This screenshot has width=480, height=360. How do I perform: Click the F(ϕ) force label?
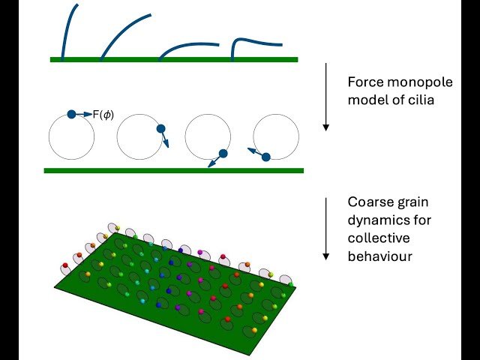(103, 114)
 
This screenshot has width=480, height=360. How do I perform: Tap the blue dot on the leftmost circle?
(71, 114)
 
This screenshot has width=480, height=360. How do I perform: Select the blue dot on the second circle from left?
(160, 129)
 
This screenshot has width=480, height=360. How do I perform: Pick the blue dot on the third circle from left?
(223, 154)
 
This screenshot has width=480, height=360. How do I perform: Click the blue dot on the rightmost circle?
(265, 156)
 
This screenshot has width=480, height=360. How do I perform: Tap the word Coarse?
(368, 202)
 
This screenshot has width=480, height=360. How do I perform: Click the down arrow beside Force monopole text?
(325, 97)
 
